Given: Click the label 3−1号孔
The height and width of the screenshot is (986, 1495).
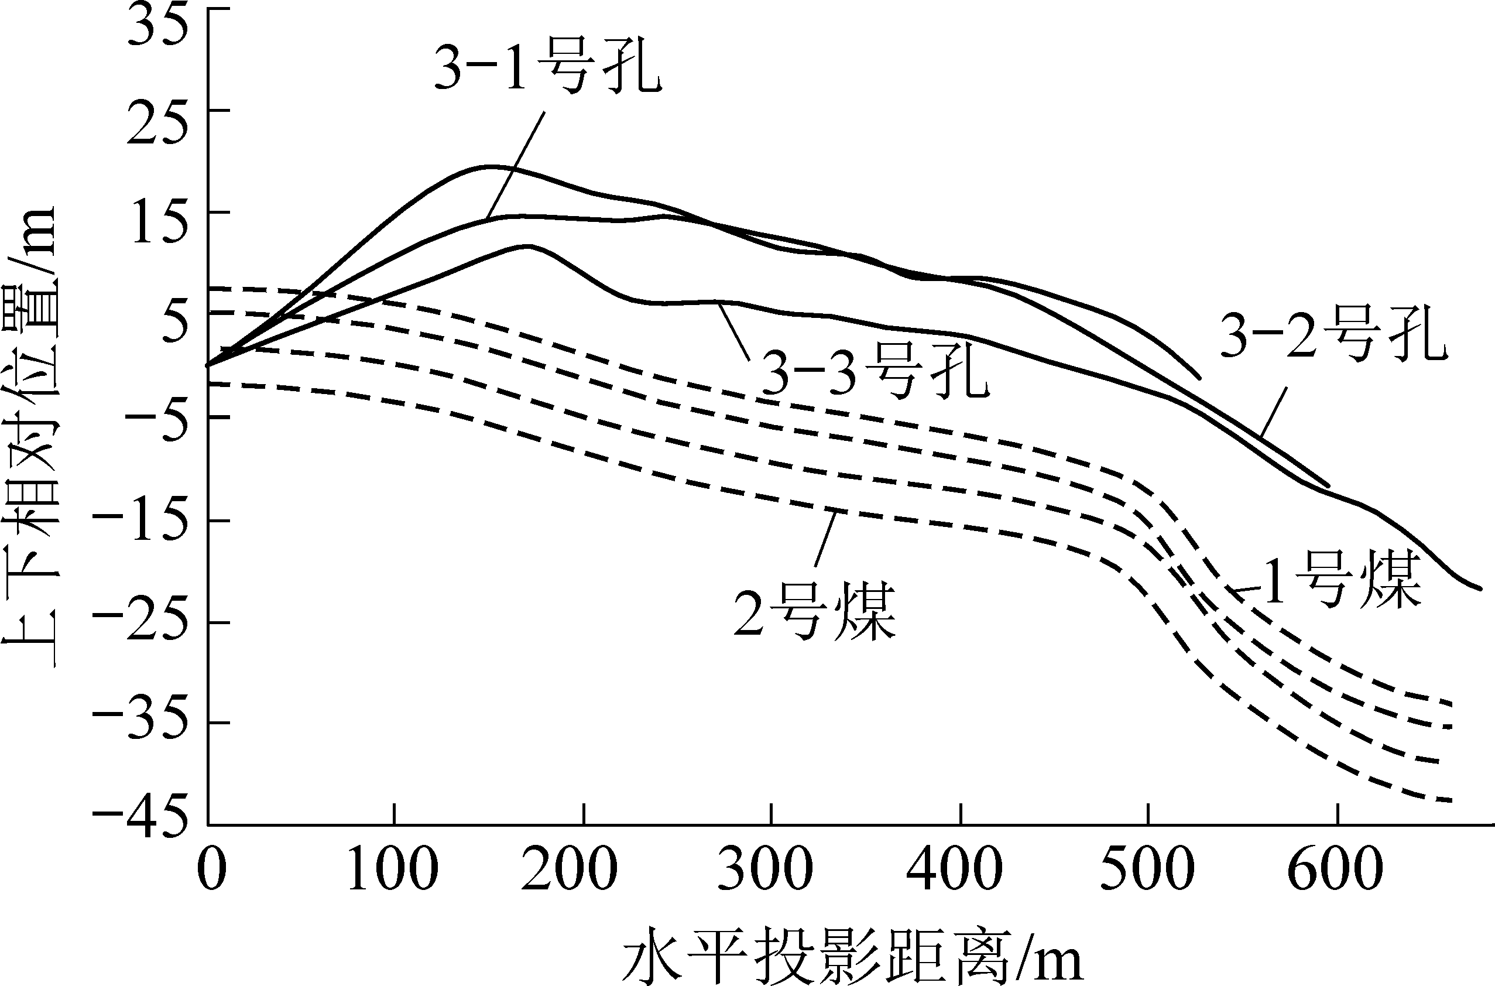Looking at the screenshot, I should (x=547, y=68).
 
